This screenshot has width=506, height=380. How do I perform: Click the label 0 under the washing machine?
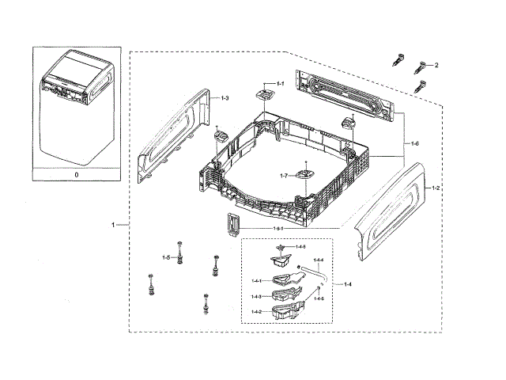76,173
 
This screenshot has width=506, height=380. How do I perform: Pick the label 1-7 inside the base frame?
283,175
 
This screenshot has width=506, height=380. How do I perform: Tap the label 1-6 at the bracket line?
414,143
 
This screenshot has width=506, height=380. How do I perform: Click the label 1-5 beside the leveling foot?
166,257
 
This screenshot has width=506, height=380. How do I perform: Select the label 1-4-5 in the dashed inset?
300,248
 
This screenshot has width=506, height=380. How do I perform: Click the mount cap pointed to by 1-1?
264,96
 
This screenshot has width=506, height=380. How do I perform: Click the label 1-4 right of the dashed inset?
349,283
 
